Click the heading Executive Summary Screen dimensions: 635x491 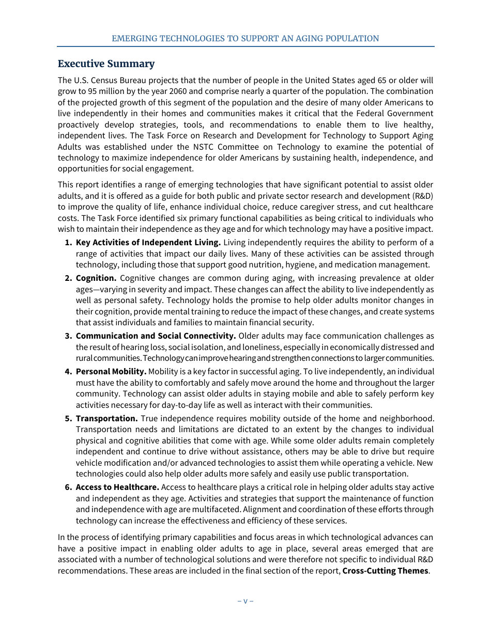coord(106,64)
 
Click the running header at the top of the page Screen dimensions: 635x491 coord(245,39)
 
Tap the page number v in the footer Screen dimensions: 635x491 coord(245,601)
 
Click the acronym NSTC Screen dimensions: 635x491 coord(200,147)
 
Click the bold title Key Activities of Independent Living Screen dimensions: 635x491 coord(148,243)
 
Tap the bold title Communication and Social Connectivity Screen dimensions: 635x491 coord(156,336)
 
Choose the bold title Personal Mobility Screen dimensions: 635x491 coord(111,372)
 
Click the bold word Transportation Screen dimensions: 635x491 coord(106,418)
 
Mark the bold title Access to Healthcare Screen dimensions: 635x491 coord(117,487)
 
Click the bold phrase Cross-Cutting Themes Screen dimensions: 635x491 coord(385,571)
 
